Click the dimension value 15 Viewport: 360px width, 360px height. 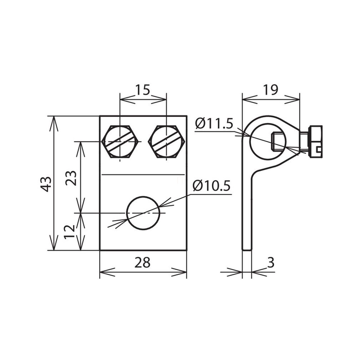pos(143,90)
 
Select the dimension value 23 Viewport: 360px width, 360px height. pos(71,178)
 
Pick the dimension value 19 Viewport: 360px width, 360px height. pos(271,89)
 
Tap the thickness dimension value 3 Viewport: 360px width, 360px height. pos(271,262)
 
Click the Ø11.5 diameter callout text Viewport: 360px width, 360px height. pos(214,124)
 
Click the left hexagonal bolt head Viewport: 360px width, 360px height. pos(120,142)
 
